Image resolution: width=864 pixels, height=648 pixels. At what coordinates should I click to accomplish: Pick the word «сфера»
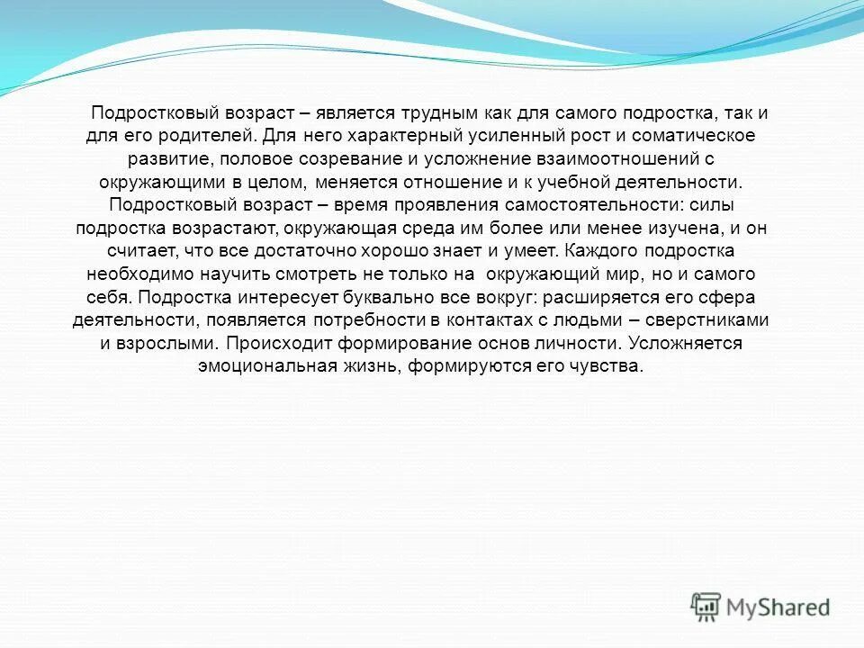click(725, 297)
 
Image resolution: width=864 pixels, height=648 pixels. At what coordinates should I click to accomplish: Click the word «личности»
click(580, 343)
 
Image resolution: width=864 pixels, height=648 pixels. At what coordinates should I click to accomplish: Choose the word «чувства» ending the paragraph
click(611, 366)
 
